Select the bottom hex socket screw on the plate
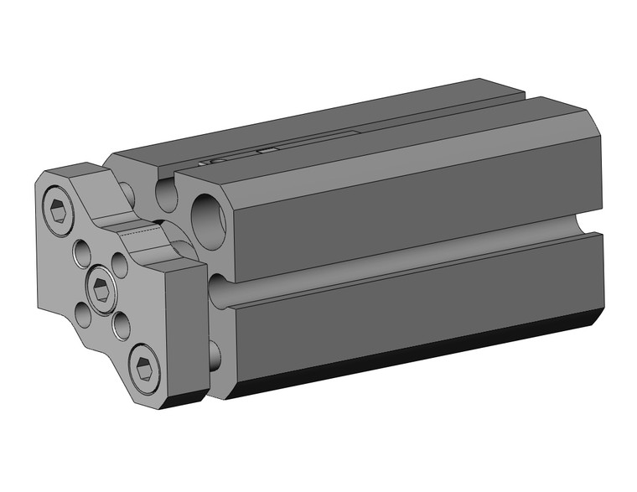click(144, 365)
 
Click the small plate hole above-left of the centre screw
click(83, 251)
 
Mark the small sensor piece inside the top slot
click(267, 150)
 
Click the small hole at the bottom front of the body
click(215, 352)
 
